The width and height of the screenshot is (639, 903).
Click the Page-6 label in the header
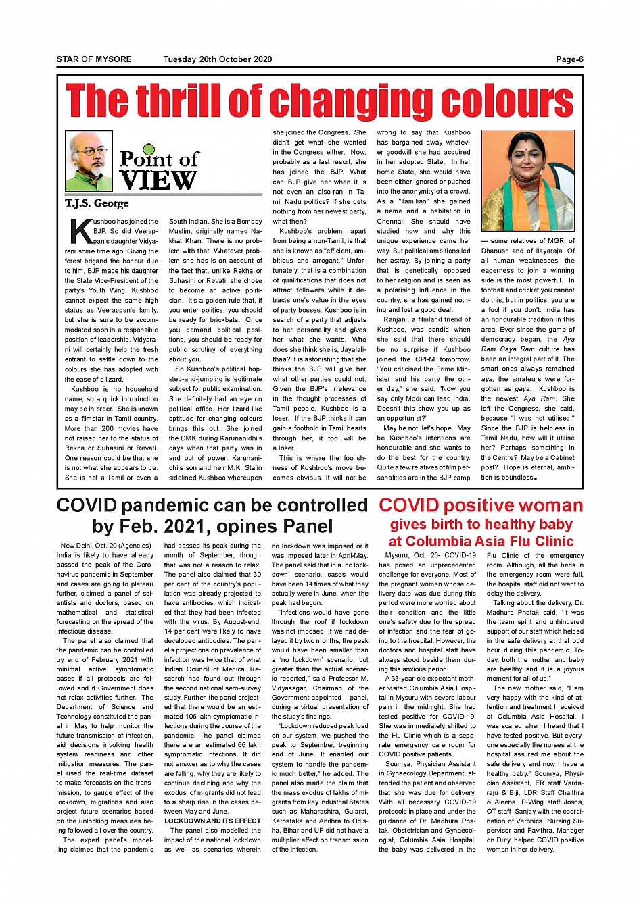pos(569,59)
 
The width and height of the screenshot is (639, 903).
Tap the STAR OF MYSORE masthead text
pos(94,59)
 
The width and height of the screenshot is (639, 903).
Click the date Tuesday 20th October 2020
pos(217,59)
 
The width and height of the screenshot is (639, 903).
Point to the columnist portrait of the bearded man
pos(89,161)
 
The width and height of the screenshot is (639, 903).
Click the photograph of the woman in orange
pos(527,180)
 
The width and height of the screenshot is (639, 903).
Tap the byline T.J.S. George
pos(97,203)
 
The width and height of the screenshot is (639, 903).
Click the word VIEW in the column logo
pos(158,181)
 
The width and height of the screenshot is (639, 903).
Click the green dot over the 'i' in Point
pos(149,149)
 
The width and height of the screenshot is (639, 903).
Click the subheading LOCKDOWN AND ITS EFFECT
pos(212,821)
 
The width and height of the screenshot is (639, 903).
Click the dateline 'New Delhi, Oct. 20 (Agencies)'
pos(107,546)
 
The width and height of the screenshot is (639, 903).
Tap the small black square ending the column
pos(536,479)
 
